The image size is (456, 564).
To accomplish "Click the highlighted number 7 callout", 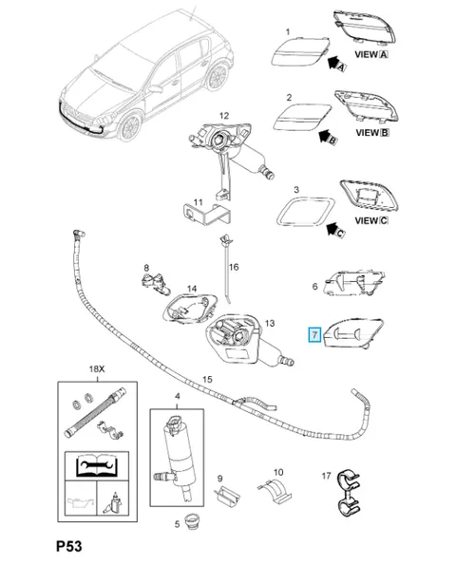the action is [x=314, y=334].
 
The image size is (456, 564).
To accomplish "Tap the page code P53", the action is [x=69, y=546].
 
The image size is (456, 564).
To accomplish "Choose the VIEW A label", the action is [x=371, y=54].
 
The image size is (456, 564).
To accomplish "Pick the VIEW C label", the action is [x=371, y=220].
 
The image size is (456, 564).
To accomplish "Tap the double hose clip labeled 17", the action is [x=349, y=491].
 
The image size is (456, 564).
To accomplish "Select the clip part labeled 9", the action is [x=228, y=495].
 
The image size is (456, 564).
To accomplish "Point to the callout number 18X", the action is [x=97, y=369].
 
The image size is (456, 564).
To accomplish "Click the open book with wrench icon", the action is [x=97, y=466].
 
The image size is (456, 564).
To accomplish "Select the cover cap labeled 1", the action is [x=300, y=51].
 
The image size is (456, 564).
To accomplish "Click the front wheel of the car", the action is [x=129, y=126].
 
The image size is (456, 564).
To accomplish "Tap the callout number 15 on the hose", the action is [x=207, y=379].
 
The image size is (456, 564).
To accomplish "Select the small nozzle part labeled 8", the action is [x=156, y=284].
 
